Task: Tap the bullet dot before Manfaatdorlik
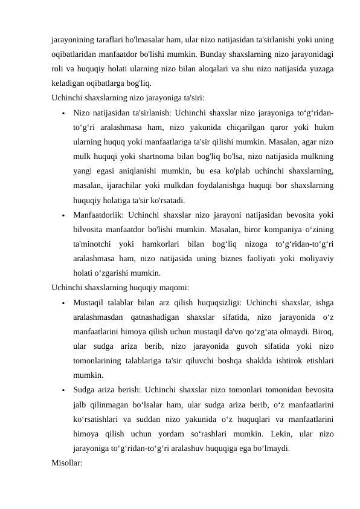pyautogui.click(x=63, y=215)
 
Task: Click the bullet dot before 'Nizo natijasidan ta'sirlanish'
pyautogui.click(x=63, y=113)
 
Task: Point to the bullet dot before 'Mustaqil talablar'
pyautogui.click(x=63, y=303)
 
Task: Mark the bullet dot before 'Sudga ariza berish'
pyautogui.click(x=63, y=391)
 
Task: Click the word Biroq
pyautogui.click(x=323, y=331)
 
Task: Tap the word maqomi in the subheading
pyautogui.click(x=175, y=287)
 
